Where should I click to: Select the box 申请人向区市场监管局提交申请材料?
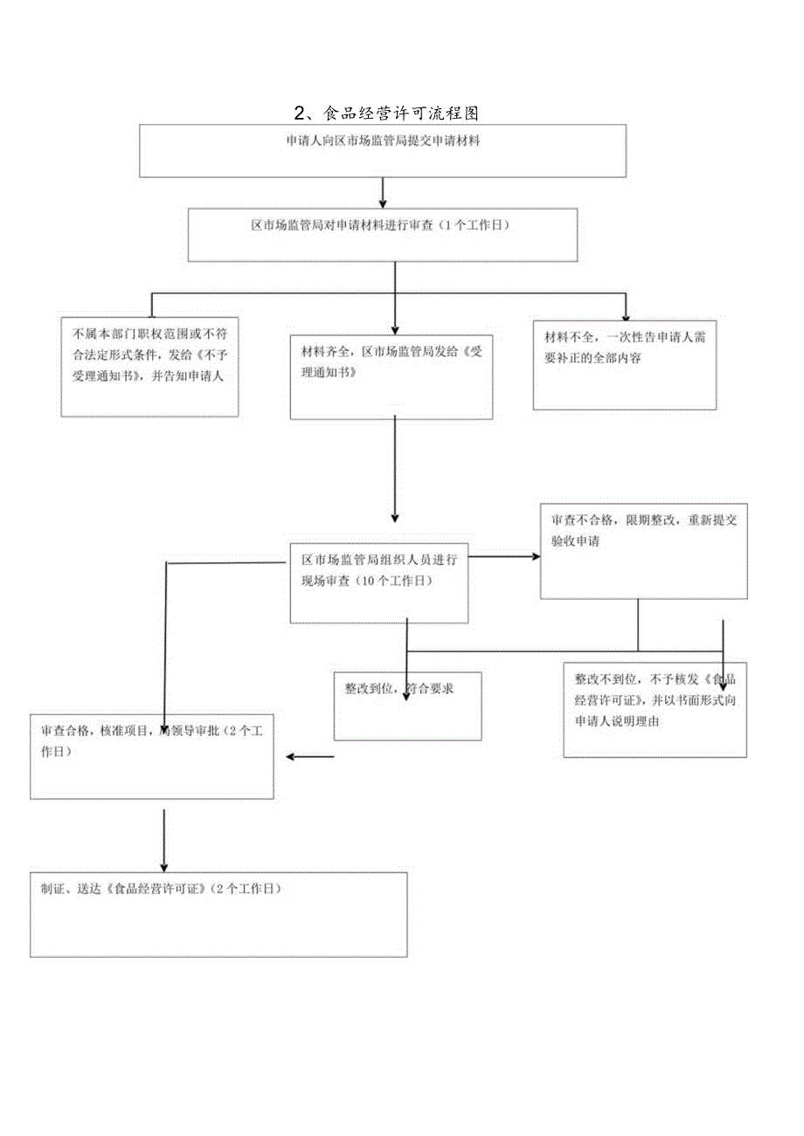tap(383, 150)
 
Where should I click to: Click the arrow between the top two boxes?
tap(383, 192)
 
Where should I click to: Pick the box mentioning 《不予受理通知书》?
tap(149, 366)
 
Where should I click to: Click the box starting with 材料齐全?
tap(391, 375)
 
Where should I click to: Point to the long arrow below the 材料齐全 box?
tap(395, 467)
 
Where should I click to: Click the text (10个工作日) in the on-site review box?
tap(395, 579)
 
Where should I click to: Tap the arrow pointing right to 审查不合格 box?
tap(505, 555)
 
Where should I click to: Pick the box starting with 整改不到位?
tap(654, 709)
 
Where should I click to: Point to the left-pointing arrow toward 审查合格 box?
tap(310, 756)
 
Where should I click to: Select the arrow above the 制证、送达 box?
tap(164, 837)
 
